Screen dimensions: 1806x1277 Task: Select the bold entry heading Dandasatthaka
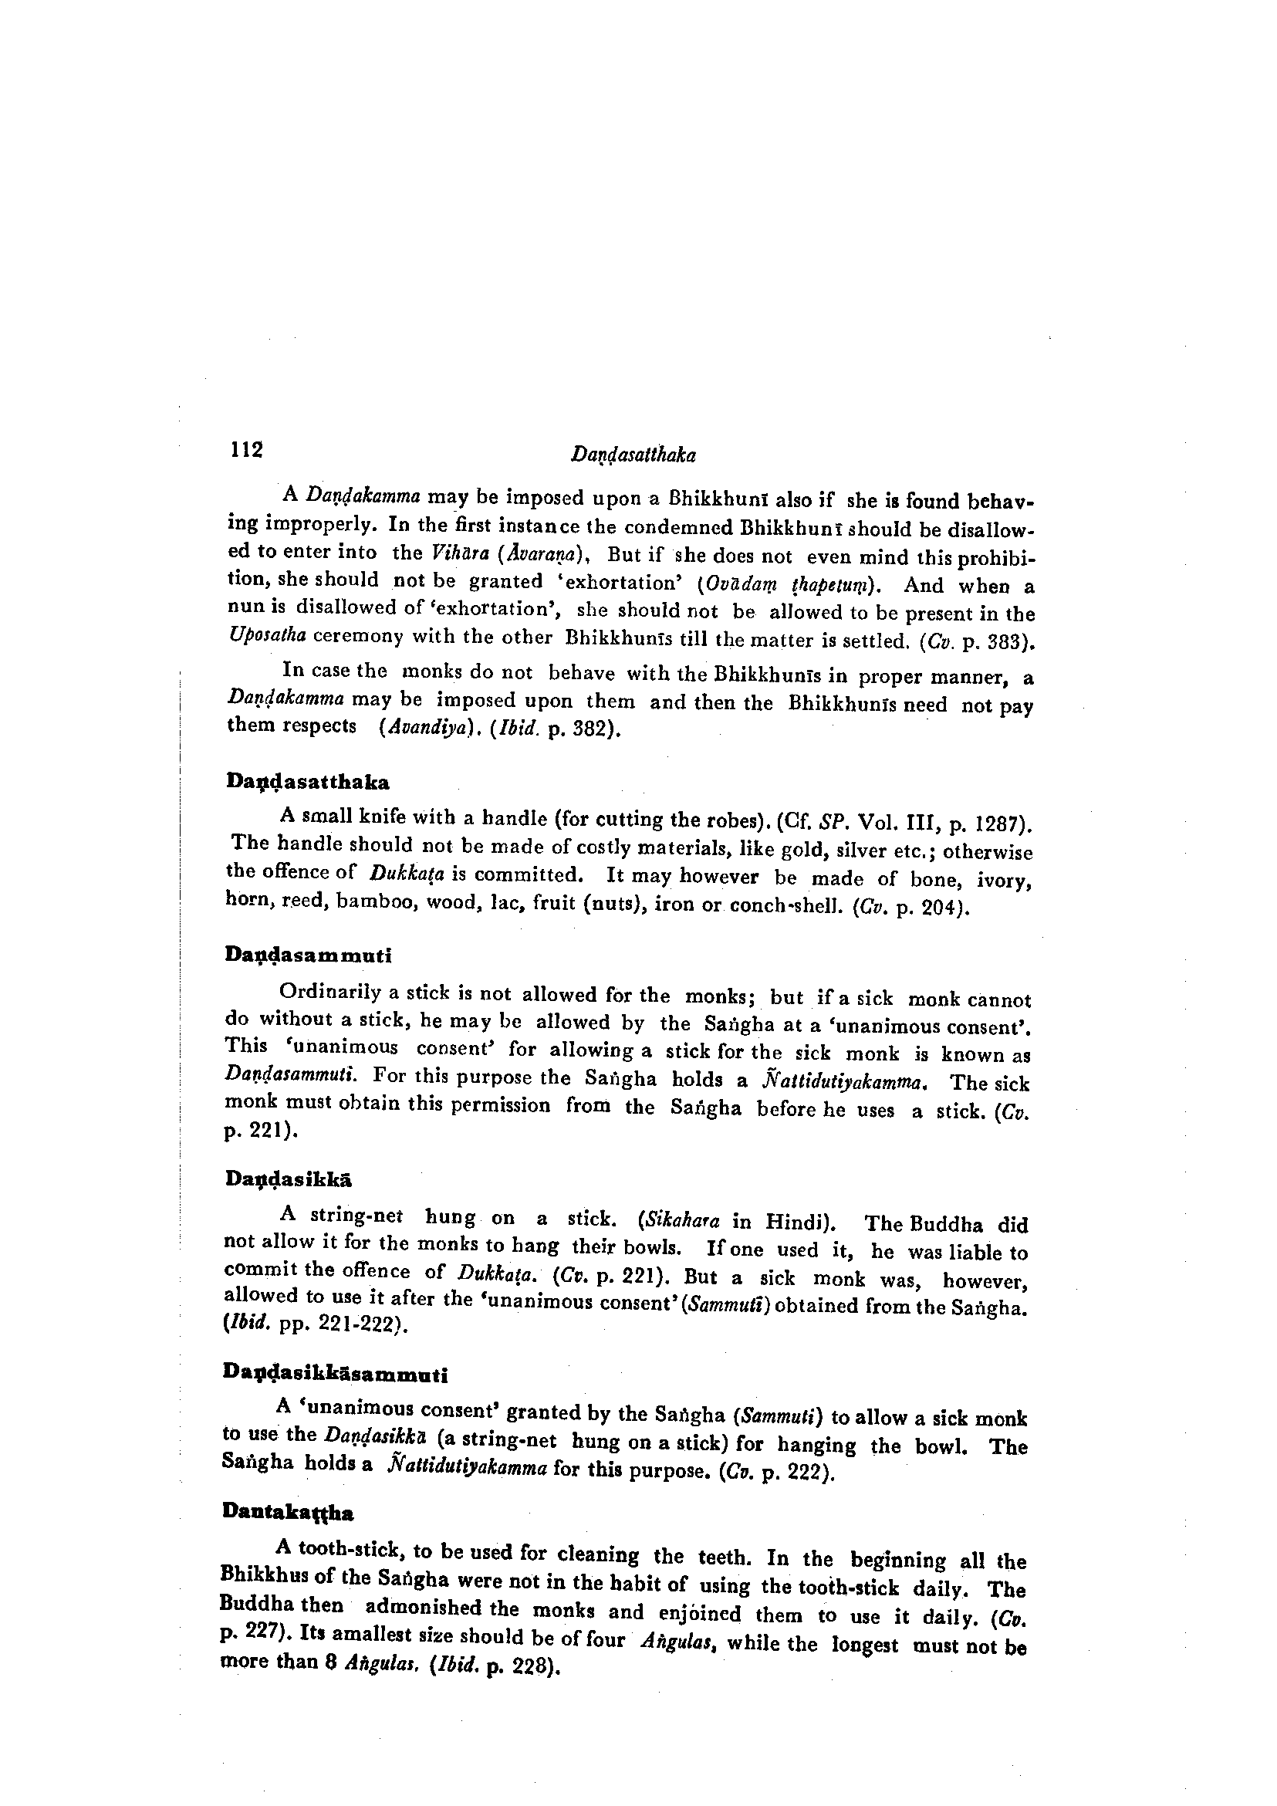click(x=307, y=783)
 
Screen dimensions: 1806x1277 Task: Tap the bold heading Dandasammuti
click(x=308, y=955)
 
